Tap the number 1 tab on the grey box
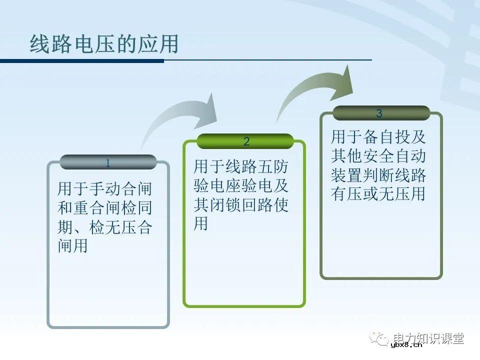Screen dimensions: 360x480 click(108, 162)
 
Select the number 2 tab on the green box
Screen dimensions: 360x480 click(245, 141)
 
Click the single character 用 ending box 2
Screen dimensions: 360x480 click(201, 224)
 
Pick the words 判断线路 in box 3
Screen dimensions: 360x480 click(394, 175)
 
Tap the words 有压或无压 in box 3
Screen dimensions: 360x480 click(370, 194)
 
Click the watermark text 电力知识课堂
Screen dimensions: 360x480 click(429, 338)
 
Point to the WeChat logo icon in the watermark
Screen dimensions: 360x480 click(380, 338)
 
